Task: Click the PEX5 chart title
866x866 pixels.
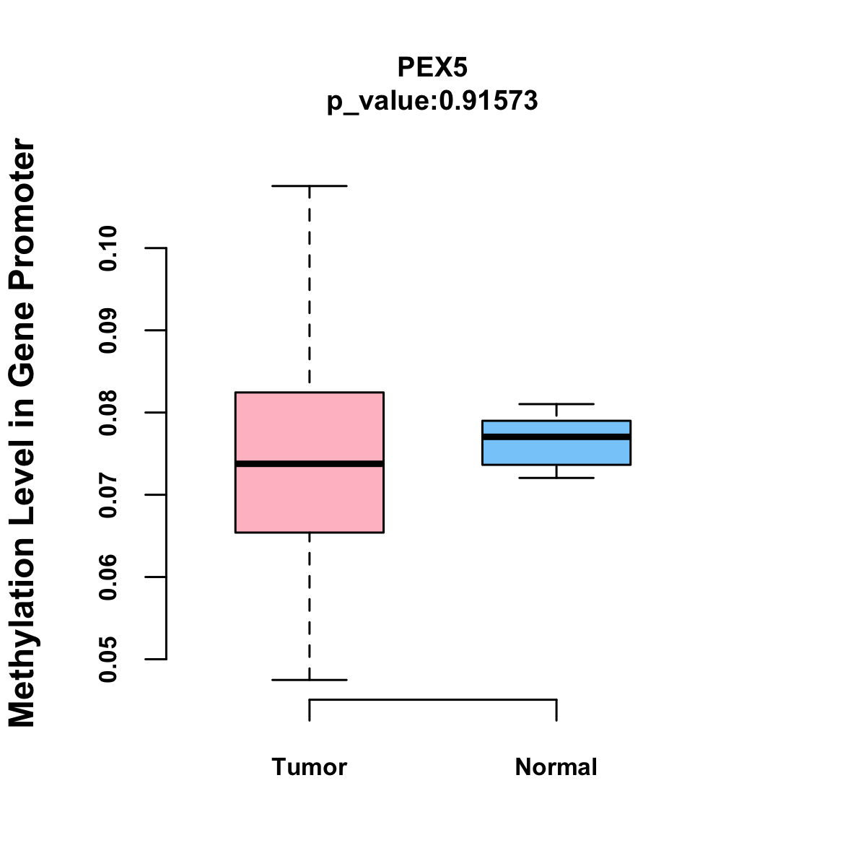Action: [432, 67]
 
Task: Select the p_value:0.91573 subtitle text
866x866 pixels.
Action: [432, 101]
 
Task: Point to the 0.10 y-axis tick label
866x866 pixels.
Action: [108, 248]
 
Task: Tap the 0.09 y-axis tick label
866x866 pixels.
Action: [108, 331]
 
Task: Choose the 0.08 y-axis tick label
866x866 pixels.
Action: [108, 413]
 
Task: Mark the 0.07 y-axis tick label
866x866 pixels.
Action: [108, 495]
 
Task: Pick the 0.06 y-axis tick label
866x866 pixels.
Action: [108, 577]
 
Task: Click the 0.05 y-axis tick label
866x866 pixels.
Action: [108, 660]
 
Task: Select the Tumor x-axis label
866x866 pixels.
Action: [309, 766]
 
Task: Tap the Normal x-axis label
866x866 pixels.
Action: [556, 766]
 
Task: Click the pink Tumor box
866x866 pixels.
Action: [309, 426]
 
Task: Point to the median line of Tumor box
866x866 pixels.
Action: [309, 463]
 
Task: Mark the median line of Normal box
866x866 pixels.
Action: [556, 437]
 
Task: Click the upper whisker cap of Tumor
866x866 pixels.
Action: [309, 185]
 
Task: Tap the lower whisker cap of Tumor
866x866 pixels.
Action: [309, 680]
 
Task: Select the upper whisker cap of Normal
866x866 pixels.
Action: [556, 404]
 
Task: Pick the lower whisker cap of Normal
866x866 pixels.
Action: [556, 478]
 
